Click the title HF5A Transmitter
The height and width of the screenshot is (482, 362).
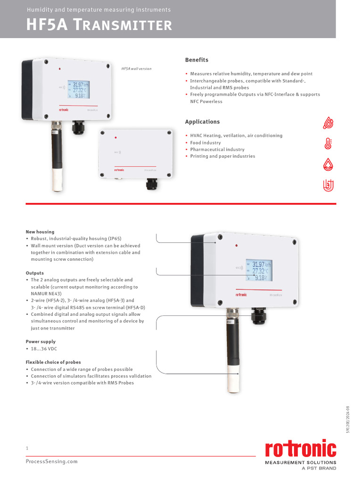tap(99, 25)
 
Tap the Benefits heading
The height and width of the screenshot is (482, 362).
tap(197, 60)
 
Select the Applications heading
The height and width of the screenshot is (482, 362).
tap(202, 122)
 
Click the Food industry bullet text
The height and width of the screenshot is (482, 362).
tap(205, 143)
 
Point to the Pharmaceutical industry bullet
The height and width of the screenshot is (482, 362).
tap(217, 149)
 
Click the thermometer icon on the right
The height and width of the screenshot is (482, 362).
tap(329, 144)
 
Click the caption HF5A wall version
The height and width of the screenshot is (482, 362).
tap(136, 69)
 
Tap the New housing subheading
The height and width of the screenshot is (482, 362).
tap(40, 232)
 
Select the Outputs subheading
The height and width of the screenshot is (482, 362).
tap(34, 273)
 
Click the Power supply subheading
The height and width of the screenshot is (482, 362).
tap(41, 342)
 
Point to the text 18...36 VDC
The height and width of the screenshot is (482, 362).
tap(43, 349)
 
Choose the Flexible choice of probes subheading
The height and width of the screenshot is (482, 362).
tap(53, 362)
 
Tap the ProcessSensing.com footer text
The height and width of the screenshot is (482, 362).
tap(51, 462)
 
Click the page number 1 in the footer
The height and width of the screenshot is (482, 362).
tap(27, 449)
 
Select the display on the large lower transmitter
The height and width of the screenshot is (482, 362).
tap(258, 271)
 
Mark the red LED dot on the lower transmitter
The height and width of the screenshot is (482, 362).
tap(236, 246)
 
